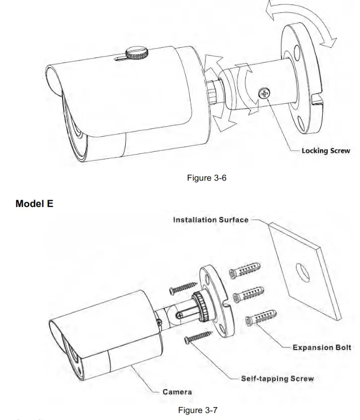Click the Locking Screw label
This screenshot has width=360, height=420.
click(x=326, y=151)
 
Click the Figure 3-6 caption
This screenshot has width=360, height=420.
click(x=207, y=178)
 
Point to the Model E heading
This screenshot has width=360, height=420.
click(x=34, y=204)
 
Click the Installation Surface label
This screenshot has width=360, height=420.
click(x=211, y=220)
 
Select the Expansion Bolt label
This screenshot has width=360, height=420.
click(x=322, y=348)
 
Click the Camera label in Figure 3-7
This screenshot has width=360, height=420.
click(x=177, y=392)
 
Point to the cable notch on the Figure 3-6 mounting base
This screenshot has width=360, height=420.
click(x=316, y=106)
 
